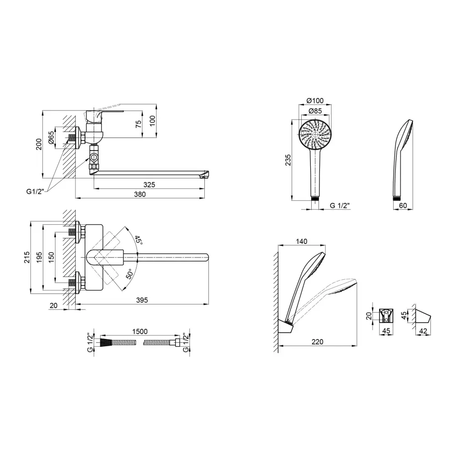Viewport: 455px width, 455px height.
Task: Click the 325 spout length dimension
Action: pos(149,185)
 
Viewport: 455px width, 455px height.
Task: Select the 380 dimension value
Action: pos(140,194)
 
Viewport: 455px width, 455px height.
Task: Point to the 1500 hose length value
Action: pos(140,331)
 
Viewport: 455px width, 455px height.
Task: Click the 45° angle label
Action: pos(138,240)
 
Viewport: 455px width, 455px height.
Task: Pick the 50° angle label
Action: pos(129,273)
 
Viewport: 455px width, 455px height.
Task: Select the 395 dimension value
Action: pos(142,300)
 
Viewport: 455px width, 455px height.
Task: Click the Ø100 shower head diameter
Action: pos(315,101)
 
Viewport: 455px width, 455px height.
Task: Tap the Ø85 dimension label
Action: pos(315,111)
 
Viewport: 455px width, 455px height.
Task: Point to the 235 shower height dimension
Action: pos(288,160)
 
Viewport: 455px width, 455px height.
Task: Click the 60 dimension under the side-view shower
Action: pos(403,206)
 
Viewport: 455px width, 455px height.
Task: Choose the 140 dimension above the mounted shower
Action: pos(302,242)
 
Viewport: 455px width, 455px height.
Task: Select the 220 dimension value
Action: pos(318,342)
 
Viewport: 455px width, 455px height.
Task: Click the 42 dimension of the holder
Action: pos(423,331)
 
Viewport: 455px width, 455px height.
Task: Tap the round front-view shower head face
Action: pos(315,135)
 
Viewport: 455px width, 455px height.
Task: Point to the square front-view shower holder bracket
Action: pos(386,316)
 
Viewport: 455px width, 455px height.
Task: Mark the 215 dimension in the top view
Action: pos(27,258)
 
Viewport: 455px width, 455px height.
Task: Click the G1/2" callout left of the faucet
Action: pos(35,192)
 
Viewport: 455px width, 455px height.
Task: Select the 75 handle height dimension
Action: pos(139,124)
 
